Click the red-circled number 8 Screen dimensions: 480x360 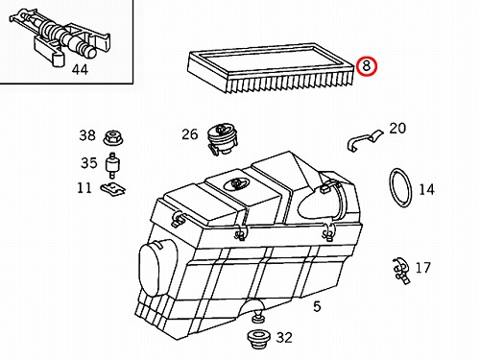[x=366, y=66]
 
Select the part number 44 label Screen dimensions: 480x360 [x=80, y=69]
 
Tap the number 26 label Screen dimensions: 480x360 [x=190, y=134]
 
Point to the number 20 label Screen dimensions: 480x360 [x=397, y=128]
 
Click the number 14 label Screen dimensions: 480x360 [x=426, y=189]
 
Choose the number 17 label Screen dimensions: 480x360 [x=422, y=268]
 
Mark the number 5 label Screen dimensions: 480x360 [x=317, y=306]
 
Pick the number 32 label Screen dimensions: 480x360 [x=284, y=338]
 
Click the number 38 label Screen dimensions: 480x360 [x=87, y=135]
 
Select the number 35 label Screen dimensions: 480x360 [x=88, y=163]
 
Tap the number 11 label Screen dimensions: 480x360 [x=84, y=187]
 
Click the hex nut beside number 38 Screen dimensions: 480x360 [x=113, y=138]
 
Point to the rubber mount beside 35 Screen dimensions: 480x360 [x=112, y=165]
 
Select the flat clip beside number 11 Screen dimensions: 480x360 [x=113, y=189]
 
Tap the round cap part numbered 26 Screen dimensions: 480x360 [x=222, y=138]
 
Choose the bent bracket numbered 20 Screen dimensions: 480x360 [x=363, y=139]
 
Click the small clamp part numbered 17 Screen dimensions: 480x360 [x=401, y=271]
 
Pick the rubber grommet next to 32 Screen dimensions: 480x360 [x=259, y=339]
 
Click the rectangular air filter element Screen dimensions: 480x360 [x=272, y=68]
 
